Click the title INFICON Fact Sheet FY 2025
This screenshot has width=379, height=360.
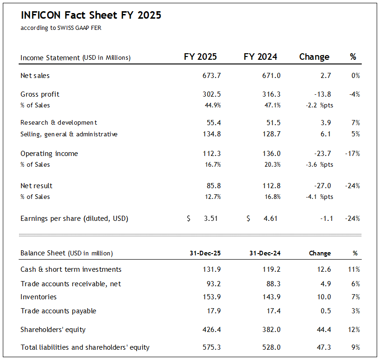(91, 15)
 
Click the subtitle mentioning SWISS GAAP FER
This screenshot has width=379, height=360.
(61, 28)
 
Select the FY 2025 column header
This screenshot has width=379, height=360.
(200, 57)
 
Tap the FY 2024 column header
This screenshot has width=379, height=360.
(260, 57)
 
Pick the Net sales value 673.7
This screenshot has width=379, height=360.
(209, 76)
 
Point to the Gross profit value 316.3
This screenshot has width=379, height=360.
(271, 94)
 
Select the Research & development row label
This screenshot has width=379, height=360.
(59, 123)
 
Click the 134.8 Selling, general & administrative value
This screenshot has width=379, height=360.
(209, 134)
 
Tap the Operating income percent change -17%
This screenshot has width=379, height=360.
(352, 154)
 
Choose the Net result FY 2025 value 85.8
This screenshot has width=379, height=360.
(211, 186)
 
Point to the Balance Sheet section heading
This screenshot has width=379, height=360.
(67, 254)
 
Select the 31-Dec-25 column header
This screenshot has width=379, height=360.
(205, 254)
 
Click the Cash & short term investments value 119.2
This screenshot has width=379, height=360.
(271, 269)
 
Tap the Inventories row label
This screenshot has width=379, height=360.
(38, 297)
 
